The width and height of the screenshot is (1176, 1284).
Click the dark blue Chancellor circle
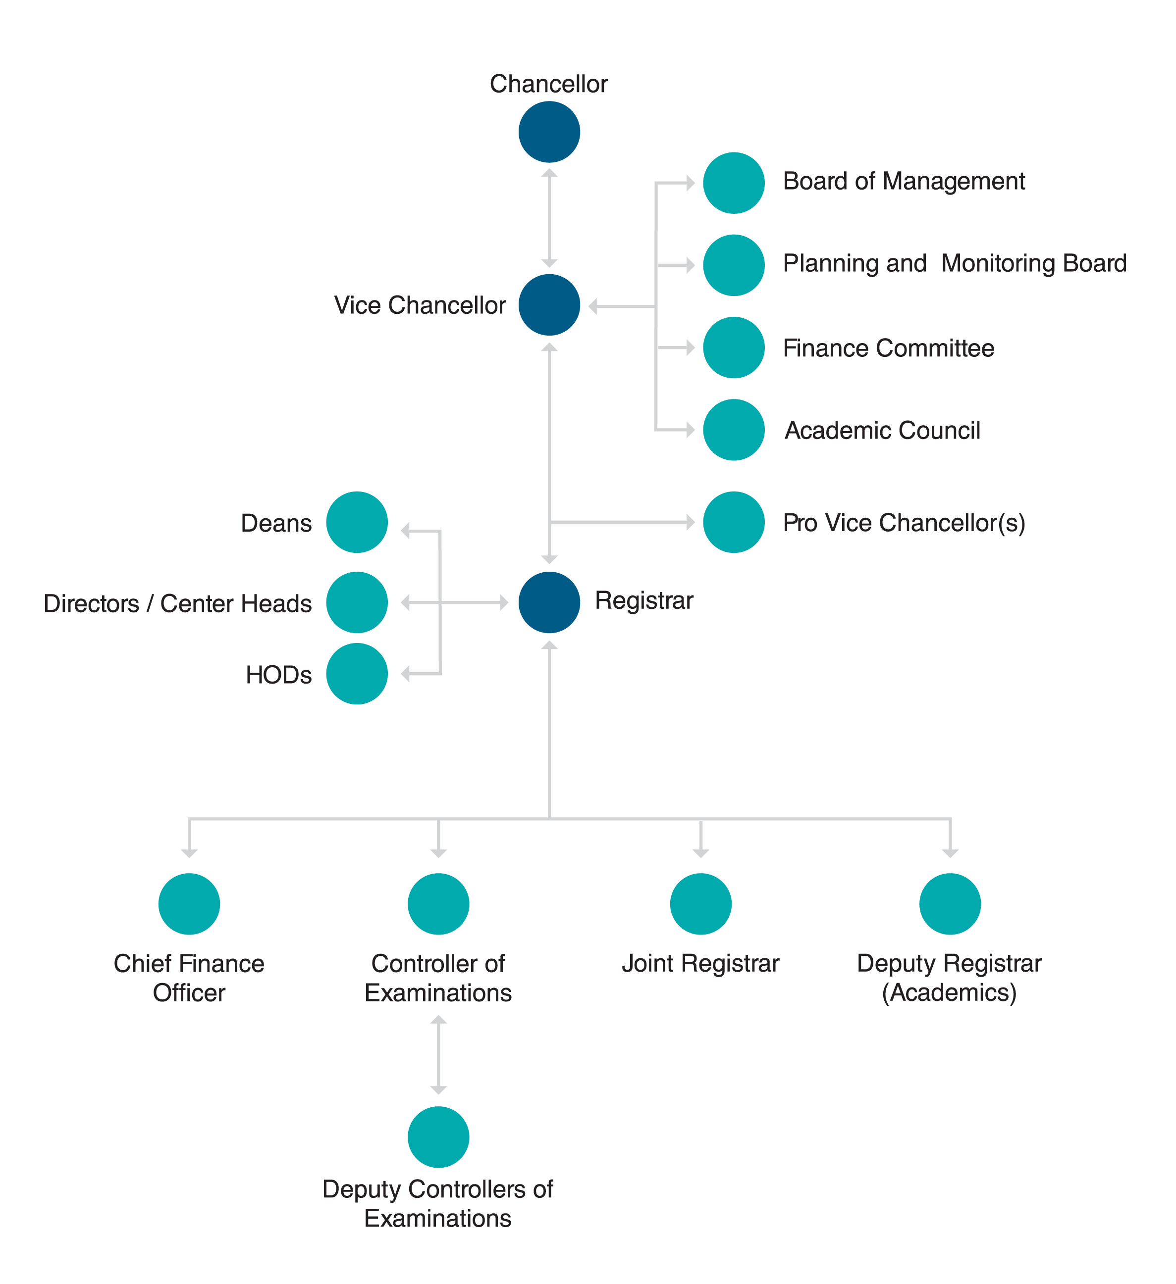point(549,132)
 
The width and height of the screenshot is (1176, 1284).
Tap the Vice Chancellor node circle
point(549,304)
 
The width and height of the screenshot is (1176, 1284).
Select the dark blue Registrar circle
point(549,602)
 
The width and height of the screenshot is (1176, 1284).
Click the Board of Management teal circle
point(734,183)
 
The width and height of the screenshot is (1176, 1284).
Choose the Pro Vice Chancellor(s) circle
point(734,522)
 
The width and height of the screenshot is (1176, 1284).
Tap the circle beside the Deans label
point(357,522)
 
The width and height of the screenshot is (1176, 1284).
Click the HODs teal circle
point(357,673)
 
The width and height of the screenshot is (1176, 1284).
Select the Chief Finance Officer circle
point(189,903)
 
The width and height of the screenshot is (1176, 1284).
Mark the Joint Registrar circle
point(700,903)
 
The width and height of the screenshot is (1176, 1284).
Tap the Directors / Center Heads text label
point(178,603)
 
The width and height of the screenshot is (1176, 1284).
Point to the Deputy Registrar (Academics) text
point(949,978)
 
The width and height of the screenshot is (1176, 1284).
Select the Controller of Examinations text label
point(438,978)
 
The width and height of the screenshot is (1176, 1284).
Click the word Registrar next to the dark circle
point(644,600)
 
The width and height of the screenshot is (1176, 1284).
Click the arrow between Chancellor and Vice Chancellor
point(549,218)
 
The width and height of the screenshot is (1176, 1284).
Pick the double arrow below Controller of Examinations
point(438,1055)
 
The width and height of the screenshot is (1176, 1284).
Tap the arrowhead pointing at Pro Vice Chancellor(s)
point(691,522)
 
